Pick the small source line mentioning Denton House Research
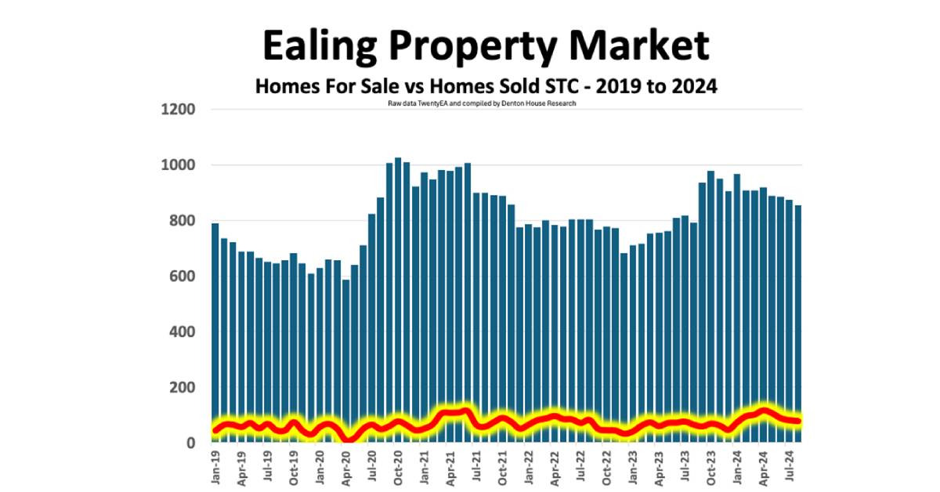click(482, 103)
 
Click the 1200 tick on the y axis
click(178, 110)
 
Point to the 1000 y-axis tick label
click(178, 165)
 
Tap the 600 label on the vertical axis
click(182, 277)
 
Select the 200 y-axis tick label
click(182, 388)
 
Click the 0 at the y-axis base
click(190, 443)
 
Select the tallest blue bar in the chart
click(398, 298)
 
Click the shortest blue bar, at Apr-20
click(345, 360)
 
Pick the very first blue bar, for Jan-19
click(215, 329)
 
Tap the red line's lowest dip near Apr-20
click(348, 439)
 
